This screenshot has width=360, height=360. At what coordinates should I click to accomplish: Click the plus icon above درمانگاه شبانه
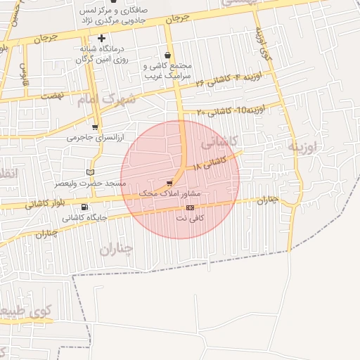pos(102,38)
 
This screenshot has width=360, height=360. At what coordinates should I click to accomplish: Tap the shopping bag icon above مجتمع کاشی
pos(167,55)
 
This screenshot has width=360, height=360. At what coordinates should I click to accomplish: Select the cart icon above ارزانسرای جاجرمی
pos(95,127)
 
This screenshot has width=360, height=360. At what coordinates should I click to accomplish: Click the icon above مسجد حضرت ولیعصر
pos(89,172)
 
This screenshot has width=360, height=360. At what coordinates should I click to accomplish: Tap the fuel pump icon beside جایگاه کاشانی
pos(85,207)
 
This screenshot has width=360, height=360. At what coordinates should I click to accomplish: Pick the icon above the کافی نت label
pos(190,207)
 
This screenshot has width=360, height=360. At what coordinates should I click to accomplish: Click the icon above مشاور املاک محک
pos(169,183)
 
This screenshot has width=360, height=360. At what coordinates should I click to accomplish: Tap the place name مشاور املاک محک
pos(171,193)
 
